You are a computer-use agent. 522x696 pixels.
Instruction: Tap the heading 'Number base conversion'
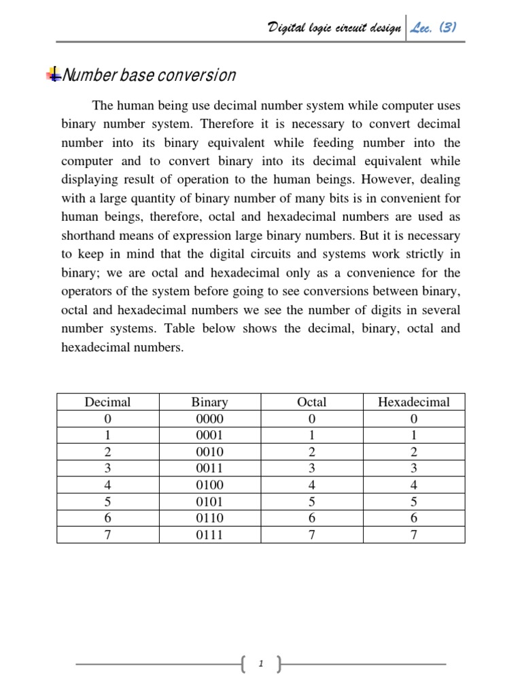point(149,75)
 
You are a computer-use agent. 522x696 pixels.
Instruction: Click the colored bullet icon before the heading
point(52,75)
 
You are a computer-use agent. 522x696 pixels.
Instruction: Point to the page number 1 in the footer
point(261,664)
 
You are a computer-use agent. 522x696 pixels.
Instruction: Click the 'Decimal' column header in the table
point(107,402)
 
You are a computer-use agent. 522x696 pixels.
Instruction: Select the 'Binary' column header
point(209,402)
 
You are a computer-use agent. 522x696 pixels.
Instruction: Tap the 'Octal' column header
point(312,402)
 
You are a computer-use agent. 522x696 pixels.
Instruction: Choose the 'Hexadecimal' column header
point(413,402)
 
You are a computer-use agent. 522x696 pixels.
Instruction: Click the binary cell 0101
point(209,502)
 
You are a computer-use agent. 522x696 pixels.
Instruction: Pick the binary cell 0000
point(209,419)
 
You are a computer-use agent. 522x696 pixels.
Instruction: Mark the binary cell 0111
point(209,535)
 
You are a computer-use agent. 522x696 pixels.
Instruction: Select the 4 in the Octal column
point(312,485)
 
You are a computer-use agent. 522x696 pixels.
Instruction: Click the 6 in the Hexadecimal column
point(413,519)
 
